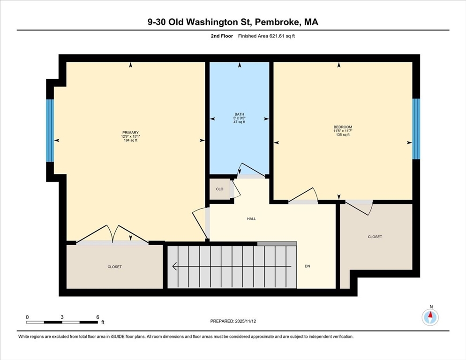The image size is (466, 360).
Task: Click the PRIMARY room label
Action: coord(130,133)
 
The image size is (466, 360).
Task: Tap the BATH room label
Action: coord(240,114)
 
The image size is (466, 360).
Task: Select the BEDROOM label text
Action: coord(342,127)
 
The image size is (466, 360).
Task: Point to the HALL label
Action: coord(251,218)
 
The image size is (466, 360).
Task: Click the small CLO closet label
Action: coord(219,189)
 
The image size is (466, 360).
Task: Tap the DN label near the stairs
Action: coord(308,266)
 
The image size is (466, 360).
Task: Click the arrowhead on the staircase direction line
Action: coord(174,267)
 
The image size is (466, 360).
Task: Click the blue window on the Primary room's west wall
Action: coord(50,130)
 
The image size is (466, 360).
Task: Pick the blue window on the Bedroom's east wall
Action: coord(416,128)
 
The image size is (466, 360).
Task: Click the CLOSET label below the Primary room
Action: coord(114,267)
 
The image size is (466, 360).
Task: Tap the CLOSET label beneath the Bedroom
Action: coord(375,237)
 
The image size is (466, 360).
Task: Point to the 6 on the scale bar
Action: coord(98,317)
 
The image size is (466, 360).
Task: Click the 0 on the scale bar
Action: coord(27,317)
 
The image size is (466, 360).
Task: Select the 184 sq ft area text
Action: coord(130,140)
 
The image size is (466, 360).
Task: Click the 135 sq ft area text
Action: coord(342,135)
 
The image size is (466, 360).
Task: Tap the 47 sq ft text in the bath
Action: coord(240,122)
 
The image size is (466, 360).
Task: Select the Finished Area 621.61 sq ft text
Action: coord(266,36)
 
